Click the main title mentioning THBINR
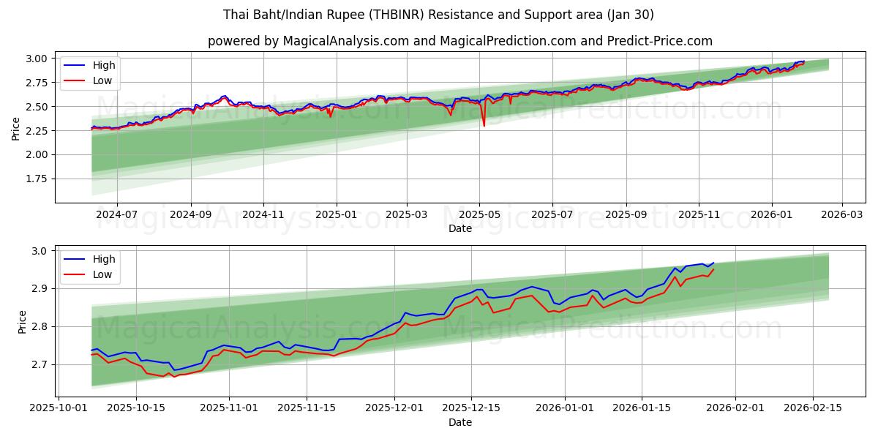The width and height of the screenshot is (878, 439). point(439,15)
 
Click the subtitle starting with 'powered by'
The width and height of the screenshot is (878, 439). point(459,41)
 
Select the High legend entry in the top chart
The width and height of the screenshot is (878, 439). point(103,65)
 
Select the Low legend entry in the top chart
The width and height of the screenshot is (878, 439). point(102,80)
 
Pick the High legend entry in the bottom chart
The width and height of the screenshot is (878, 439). point(102,259)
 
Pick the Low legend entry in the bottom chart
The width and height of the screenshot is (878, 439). point(102,274)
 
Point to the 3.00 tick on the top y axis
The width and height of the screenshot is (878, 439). point(37,59)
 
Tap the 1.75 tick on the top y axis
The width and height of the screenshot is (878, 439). point(37,179)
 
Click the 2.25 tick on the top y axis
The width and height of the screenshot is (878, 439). point(37,130)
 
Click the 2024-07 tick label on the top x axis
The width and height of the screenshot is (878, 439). point(116,215)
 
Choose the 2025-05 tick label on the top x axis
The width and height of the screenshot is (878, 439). point(479,215)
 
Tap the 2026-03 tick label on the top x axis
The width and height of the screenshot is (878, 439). point(841,215)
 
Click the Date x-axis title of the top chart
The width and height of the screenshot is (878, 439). point(459,228)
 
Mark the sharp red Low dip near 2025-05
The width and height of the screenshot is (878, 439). point(484,125)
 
